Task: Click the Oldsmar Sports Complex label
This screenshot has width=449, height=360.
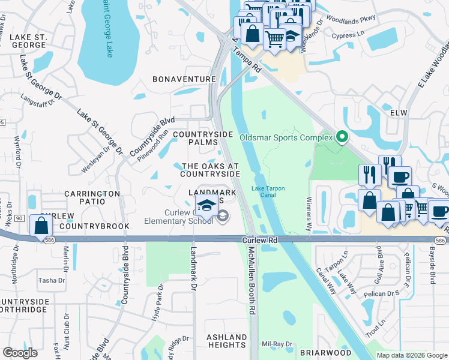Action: pyautogui.click(x=286, y=137)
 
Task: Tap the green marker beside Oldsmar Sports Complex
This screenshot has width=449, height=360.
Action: pyautogui.click(x=343, y=137)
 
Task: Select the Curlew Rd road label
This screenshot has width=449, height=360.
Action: pyautogui.click(x=259, y=239)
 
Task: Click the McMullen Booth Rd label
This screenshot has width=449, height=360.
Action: pyautogui.click(x=253, y=279)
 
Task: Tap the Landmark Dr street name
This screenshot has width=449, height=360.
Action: pyautogui.click(x=194, y=269)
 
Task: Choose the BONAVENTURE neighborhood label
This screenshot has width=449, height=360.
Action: pyautogui.click(x=184, y=79)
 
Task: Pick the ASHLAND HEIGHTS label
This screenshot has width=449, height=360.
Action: pyautogui.click(x=227, y=341)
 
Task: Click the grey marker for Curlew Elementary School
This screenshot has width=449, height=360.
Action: pyautogui.click(x=223, y=216)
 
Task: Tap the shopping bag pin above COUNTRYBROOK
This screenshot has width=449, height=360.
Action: pyautogui.click(x=41, y=226)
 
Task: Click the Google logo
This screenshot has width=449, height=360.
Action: pyautogui.click(x=20, y=353)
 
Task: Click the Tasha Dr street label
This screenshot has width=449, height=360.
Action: pyautogui.click(x=52, y=280)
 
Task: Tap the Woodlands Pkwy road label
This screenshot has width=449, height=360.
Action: pyautogui.click(x=359, y=19)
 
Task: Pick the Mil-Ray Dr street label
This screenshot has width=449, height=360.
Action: pyautogui.click(x=277, y=344)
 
